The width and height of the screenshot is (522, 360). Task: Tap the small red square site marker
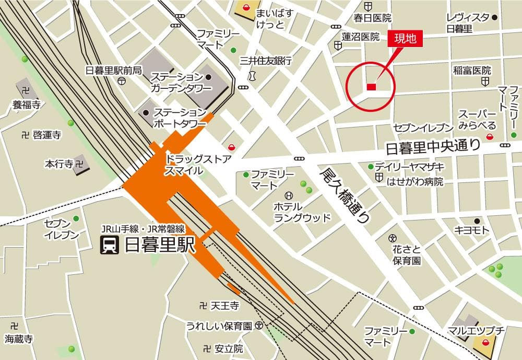click(x=371, y=87)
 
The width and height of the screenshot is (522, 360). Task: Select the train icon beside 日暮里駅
click(x=110, y=245)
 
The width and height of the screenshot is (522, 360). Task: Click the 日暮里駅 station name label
click(x=159, y=245)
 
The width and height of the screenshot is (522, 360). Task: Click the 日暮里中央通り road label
click(x=432, y=148)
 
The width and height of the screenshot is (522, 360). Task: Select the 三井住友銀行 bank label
click(x=265, y=61)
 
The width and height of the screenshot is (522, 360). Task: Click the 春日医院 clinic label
click(x=372, y=18)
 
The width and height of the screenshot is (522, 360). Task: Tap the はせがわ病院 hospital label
click(x=414, y=182)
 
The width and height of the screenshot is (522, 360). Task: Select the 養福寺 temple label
click(x=27, y=105)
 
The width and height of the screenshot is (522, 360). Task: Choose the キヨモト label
click(x=471, y=230)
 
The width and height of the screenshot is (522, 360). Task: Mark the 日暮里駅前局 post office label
click(x=113, y=70)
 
